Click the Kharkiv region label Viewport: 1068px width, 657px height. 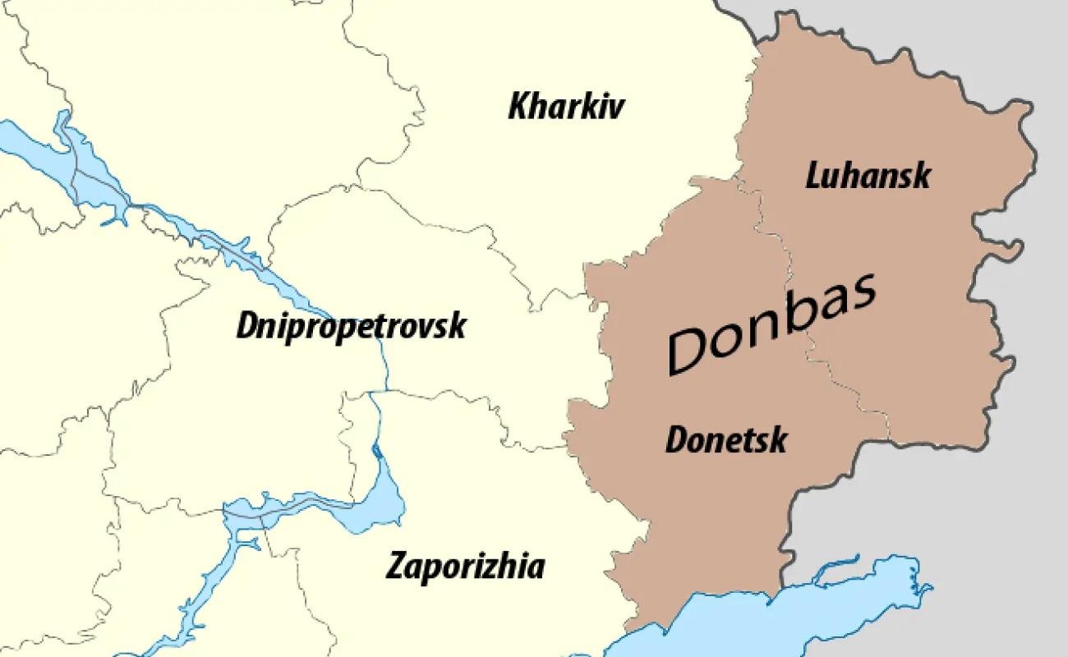[566, 107]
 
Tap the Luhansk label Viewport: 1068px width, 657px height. [868, 175]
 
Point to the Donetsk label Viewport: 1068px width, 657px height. [725, 440]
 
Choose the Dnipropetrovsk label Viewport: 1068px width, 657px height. [351, 326]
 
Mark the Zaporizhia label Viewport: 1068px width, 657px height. [465, 567]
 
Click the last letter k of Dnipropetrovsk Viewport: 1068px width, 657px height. [457, 326]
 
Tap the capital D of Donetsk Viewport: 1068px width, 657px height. [676, 440]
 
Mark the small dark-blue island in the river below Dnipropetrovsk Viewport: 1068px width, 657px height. [376, 450]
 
